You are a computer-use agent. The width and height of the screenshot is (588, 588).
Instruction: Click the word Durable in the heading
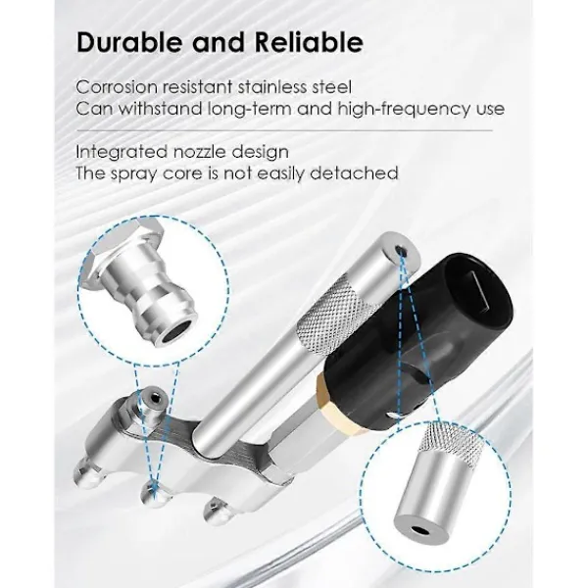(128, 42)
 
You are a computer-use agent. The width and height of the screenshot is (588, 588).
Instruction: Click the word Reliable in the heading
(309, 42)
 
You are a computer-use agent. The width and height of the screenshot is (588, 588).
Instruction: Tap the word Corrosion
(117, 87)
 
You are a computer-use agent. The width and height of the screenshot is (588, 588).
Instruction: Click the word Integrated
(122, 152)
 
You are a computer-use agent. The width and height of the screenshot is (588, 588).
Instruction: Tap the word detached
(354, 173)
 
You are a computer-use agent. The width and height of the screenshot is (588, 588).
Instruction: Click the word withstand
(162, 109)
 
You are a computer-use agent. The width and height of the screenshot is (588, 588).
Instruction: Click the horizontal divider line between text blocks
(284, 131)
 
